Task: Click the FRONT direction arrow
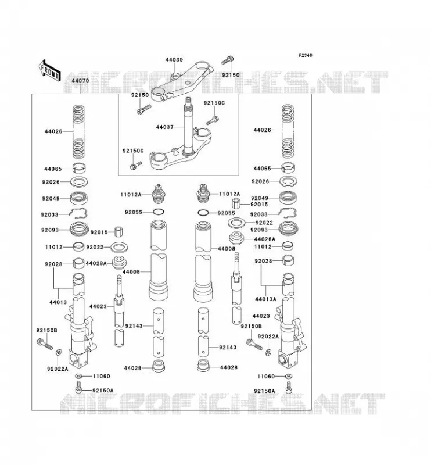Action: point(50,70)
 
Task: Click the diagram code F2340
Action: point(305,55)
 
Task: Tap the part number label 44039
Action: point(174,60)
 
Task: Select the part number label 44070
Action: point(80,81)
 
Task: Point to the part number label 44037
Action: point(164,127)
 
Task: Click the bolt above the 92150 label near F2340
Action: point(228,60)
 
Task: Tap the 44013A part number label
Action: point(265,299)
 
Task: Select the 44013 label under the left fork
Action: point(58,302)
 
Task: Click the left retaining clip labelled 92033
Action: point(78,213)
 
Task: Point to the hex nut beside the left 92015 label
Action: point(118,231)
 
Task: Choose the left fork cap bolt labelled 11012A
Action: point(159,193)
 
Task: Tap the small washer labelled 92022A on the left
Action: point(59,352)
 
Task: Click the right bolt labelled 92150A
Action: point(289,387)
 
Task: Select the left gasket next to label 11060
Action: point(79,376)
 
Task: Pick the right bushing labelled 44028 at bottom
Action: point(203,366)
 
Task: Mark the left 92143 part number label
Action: point(134,326)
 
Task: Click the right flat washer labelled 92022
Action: point(236,222)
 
